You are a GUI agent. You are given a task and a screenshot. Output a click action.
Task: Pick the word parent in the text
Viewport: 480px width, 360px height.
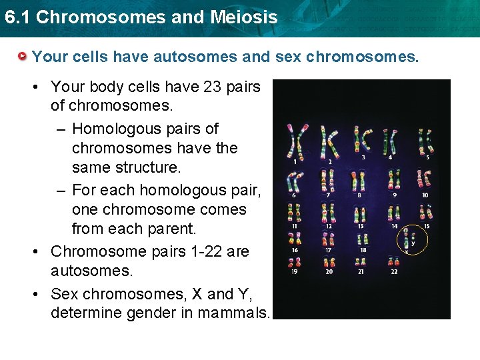[172, 229]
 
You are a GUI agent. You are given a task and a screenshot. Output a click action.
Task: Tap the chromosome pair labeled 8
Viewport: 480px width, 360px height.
[359, 180]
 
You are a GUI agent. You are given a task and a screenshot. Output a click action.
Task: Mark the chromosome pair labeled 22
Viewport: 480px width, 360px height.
[394, 262]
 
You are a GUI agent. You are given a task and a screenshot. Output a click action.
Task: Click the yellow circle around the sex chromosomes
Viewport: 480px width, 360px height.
[413, 241]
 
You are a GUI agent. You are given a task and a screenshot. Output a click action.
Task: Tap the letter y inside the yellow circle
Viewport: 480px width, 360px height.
[413, 243]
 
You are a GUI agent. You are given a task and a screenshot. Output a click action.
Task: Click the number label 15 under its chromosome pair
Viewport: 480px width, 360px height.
[427, 227]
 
